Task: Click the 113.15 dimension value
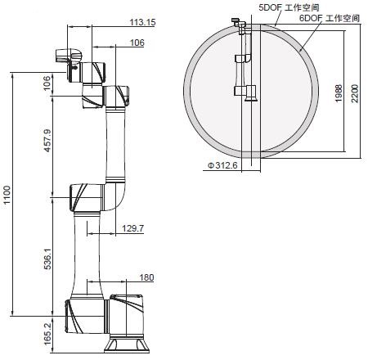coord(142,22)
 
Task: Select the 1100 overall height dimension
coord(6,195)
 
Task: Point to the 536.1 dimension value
coord(47,259)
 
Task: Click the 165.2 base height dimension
coord(47,334)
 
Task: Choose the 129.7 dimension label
coord(132,228)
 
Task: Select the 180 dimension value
coord(146,277)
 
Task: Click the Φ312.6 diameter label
coord(222,165)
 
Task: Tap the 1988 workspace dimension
coord(339,93)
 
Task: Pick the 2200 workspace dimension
coord(355,93)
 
